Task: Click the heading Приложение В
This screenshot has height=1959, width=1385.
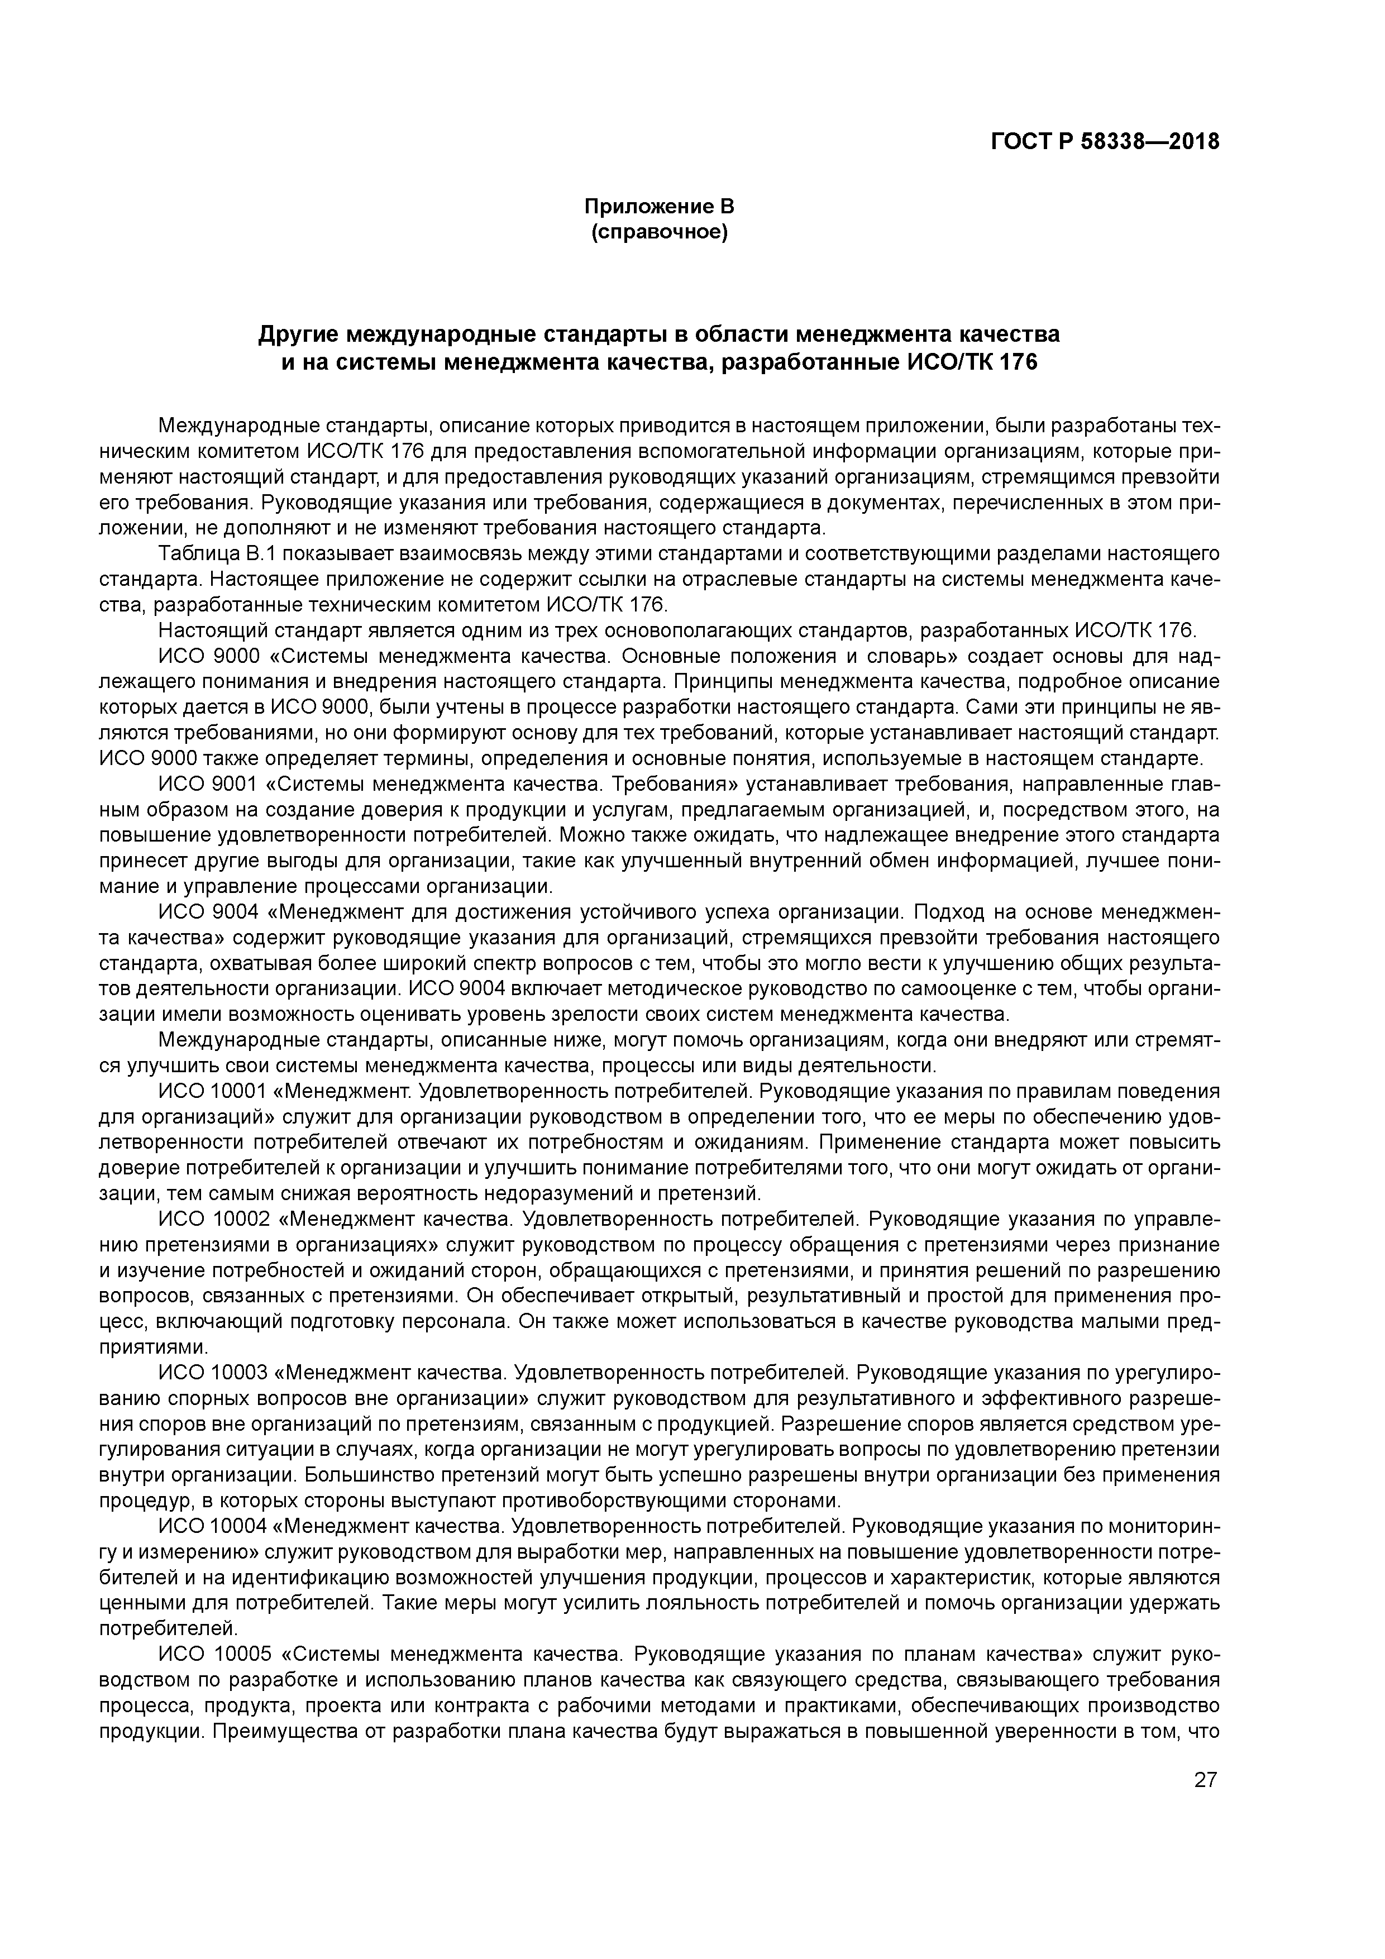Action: pos(659,207)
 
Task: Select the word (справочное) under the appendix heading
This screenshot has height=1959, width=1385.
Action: pos(659,232)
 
